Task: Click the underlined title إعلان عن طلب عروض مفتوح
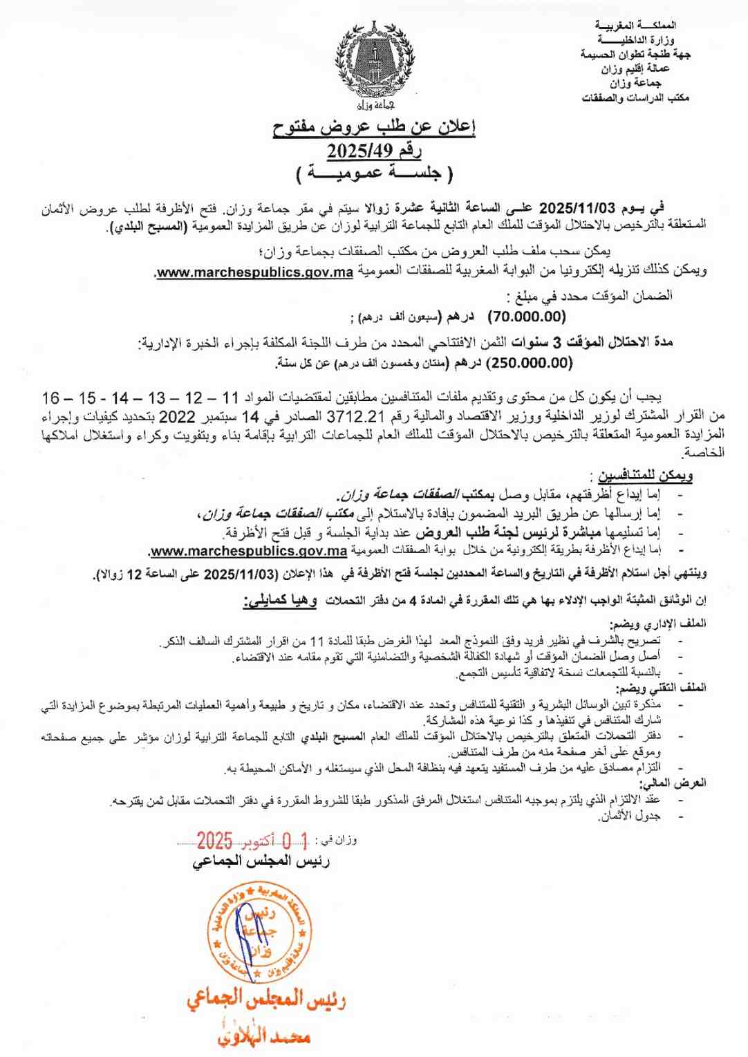[x=374, y=127]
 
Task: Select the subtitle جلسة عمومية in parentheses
[x=374, y=173]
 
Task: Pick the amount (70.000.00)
[x=527, y=317]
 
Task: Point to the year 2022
[x=178, y=417]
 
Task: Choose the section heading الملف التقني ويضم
[x=662, y=689]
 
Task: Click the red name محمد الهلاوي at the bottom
[x=264, y=1036]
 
